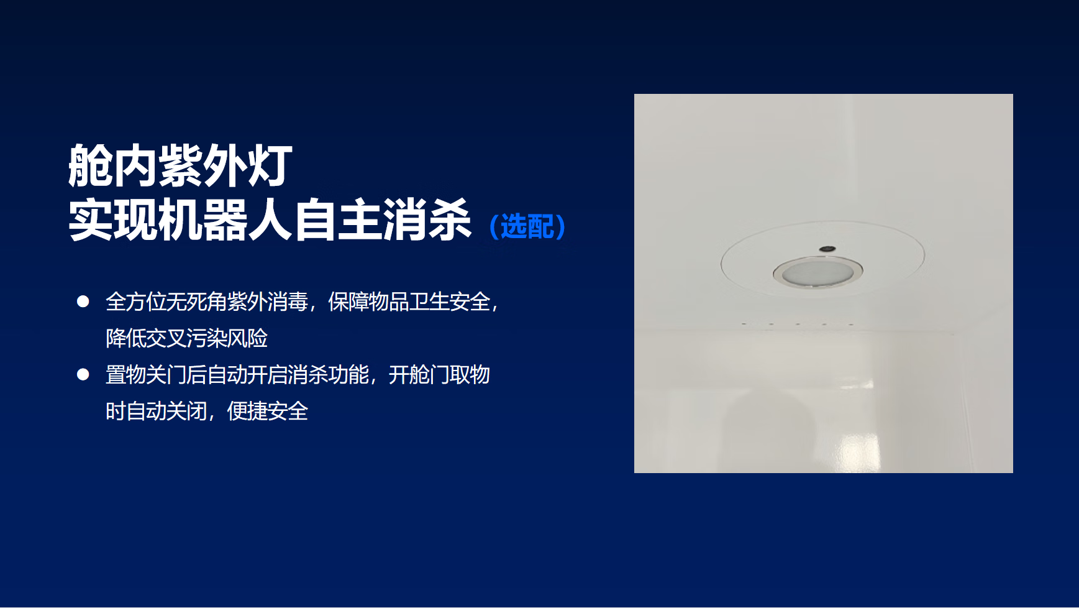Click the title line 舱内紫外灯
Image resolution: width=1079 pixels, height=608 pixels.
180,165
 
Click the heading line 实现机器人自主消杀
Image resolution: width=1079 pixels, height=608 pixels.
270,219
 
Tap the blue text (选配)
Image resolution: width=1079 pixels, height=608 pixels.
527,226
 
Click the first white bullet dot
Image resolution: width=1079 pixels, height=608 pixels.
83,302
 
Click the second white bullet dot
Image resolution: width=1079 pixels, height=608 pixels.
83,374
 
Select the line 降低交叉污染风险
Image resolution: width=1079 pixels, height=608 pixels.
187,338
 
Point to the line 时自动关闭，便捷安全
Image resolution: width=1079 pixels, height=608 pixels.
207,411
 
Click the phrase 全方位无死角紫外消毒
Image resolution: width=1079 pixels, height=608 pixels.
207,302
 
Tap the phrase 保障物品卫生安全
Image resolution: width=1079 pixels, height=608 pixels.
409,302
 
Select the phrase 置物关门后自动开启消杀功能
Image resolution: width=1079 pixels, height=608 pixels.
237,374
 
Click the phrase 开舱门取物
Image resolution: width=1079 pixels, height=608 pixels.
439,374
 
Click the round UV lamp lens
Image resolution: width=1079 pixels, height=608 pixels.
817,273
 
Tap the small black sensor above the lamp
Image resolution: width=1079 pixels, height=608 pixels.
827,249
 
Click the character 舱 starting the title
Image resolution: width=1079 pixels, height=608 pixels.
90,165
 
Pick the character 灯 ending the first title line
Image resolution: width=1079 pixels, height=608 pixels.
270,165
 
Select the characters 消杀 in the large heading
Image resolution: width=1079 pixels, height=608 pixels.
427,219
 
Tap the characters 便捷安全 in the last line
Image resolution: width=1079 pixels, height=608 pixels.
268,411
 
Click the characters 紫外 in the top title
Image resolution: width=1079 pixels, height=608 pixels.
203,165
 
